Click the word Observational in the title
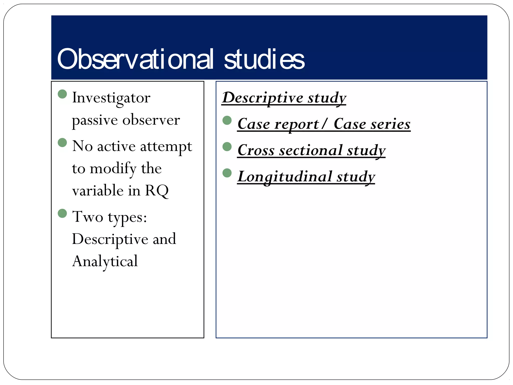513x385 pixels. pos(135,59)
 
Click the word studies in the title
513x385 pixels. pos(264,59)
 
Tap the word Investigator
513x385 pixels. pos(111,98)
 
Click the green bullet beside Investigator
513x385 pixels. pos(62,94)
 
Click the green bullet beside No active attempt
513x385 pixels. pos(62,143)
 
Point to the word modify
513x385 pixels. pos(113,168)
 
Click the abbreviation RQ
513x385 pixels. pos(157,191)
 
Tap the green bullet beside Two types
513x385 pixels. pos(62,214)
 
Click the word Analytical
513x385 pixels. pos(105,261)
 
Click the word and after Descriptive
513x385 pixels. pos(164,239)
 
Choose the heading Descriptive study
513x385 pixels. pos(284,98)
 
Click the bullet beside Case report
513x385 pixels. pos(227,120)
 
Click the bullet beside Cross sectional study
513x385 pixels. pos(227,147)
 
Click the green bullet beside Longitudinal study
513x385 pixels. pos(227,173)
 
